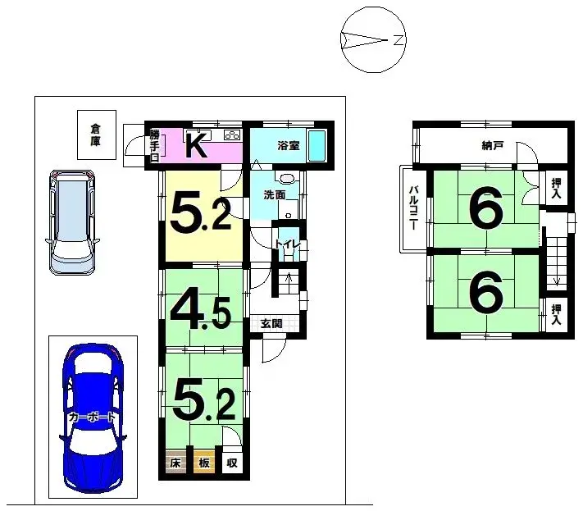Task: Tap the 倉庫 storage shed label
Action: pos(96,135)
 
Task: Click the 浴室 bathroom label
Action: pos(287,146)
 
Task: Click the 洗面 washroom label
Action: pos(274,195)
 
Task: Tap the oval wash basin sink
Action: pos(287,178)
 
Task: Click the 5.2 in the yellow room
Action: pos(199,211)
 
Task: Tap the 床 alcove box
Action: pos(175,463)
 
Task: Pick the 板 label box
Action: pos(204,463)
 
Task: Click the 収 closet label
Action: pos(232,463)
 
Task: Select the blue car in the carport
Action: pos(92,417)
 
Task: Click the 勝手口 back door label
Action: pos(154,147)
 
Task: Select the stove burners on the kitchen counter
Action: pos(230,135)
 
